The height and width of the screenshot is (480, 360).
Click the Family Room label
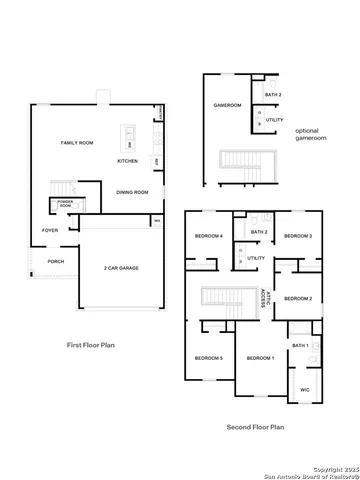point(77,144)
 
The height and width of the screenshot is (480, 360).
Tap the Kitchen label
point(127,161)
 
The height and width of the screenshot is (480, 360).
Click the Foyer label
point(50,230)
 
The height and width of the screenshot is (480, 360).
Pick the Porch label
point(55,262)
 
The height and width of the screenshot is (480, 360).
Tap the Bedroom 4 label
point(208,236)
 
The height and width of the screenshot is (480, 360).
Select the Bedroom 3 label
point(297,236)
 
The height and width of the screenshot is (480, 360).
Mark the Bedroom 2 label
point(297,299)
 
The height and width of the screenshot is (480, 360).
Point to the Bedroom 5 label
point(208,358)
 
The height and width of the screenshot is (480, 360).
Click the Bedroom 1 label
point(260,358)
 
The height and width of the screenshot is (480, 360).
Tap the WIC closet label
point(305,390)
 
